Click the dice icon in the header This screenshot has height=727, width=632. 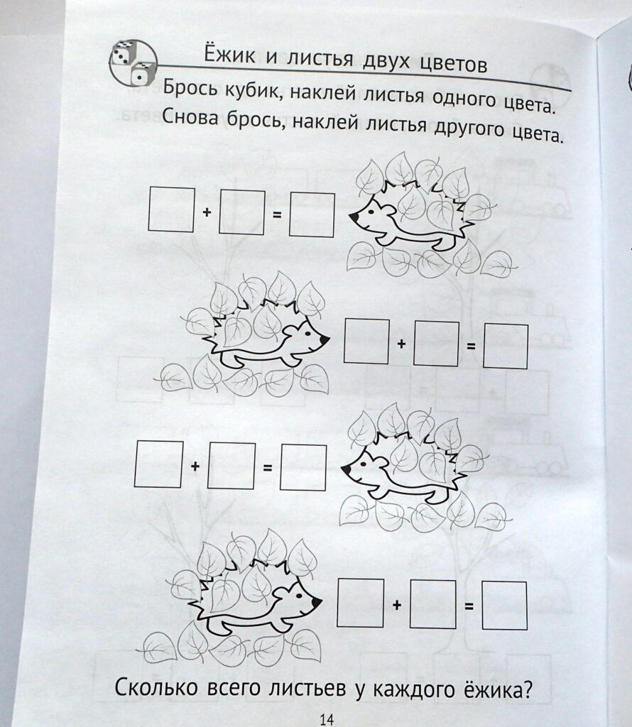coord(134,63)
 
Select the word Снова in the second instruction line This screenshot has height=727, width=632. coord(190,119)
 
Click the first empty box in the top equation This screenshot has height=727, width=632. coord(171,209)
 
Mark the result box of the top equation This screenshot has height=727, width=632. coord(312,214)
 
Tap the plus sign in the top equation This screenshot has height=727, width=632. coord(207,212)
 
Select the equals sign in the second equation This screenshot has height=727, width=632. coord(471,346)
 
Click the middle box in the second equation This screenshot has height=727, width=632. coord(436,344)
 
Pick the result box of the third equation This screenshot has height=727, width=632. coord(304,467)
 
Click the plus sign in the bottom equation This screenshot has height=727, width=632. coord(397,605)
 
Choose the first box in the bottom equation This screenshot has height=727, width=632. coord(360,603)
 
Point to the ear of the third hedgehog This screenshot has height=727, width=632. coord(378,462)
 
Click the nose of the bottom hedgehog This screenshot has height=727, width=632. coord(317,602)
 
